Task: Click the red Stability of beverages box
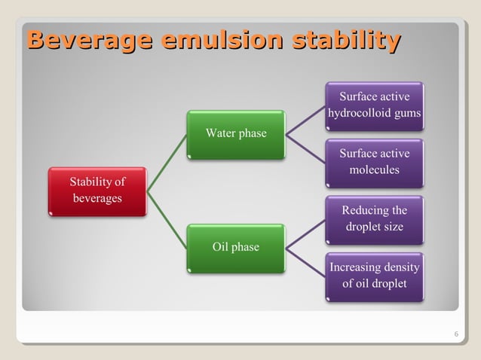[97, 191]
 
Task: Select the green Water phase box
[236, 134]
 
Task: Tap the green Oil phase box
[236, 247]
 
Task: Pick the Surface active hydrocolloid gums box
[375, 105]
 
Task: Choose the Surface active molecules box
[375, 162]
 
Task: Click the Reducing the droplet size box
[375, 218]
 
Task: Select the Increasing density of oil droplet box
[375, 276]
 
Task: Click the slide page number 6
[455, 334]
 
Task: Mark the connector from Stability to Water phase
[167, 163]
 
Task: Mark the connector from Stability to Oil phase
[167, 219]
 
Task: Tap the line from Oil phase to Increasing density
[305, 261]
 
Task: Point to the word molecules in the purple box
[375, 170]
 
